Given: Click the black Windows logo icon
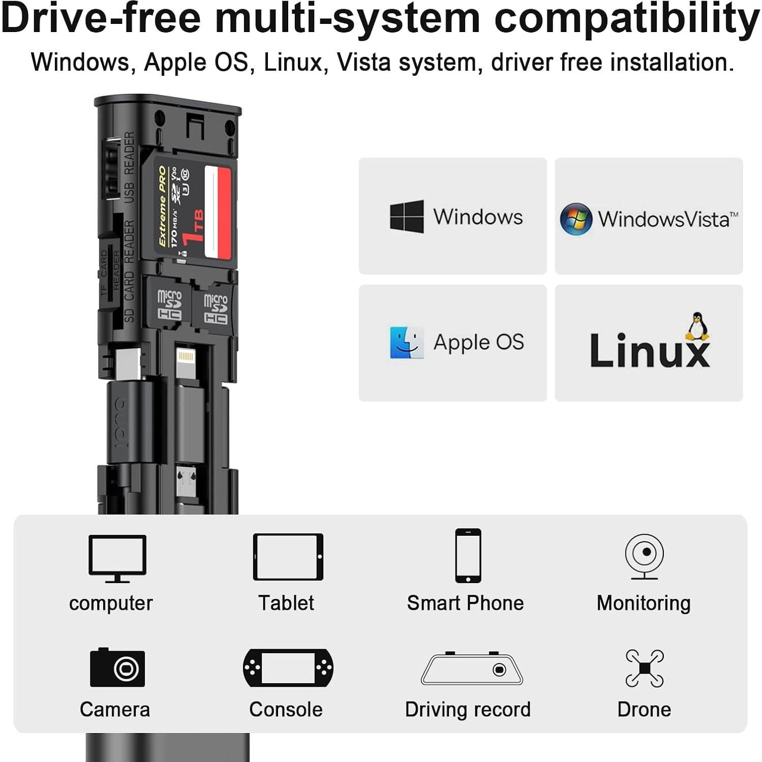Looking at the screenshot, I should pyautogui.click(x=406, y=217).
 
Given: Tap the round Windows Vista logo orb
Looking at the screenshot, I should pyautogui.click(x=575, y=219).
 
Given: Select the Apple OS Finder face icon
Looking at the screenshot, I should pyautogui.click(x=406, y=343).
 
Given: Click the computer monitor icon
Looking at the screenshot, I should pyautogui.click(x=117, y=558).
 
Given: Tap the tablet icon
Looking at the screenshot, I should pyautogui.click(x=288, y=557).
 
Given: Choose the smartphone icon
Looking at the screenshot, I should pyautogui.click(x=468, y=556).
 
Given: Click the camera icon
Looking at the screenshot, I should pyautogui.click(x=117, y=667).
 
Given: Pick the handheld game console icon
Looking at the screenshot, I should pyautogui.click(x=288, y=667).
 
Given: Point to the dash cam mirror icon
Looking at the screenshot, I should pyautogui.click(x=472, y=668).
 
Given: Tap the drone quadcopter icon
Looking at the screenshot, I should pyautogui.click(x=644, y=668).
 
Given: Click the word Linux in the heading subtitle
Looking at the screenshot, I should pyautogui.click(x=293, y=63).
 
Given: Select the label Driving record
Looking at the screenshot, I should pyautogui.click(x=468, y=710).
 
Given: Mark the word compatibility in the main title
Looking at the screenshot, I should pyautogui.click(x=626, y=18).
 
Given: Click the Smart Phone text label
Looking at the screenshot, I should pyautogui.click(x=465, y=603).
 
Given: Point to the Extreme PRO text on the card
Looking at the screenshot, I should pyautogui.click(x=162, y=206).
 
